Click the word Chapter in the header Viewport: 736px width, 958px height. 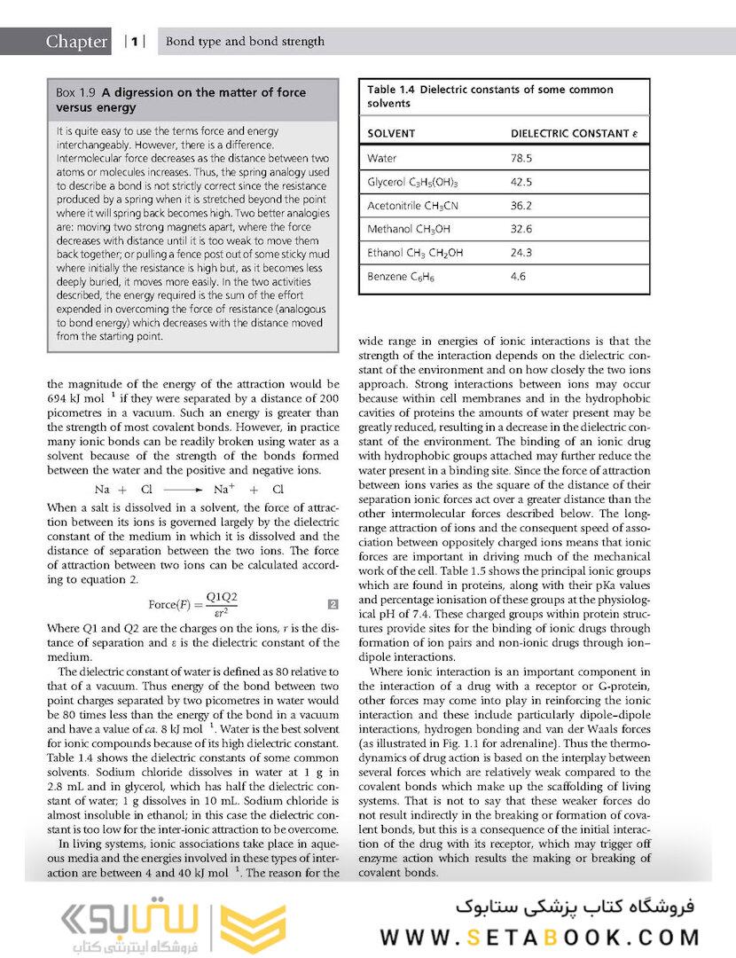[x=77, y=42]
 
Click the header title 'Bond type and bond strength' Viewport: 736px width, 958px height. [x=246, y=42]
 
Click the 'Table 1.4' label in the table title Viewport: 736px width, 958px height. [x=391, y=90]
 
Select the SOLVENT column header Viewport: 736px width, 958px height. [x=391, y=134]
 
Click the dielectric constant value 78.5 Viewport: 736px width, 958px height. [x=521, y=159]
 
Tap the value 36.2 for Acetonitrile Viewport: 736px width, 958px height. [x=521, y=206]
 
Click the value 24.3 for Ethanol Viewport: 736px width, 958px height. [x=521, y=253]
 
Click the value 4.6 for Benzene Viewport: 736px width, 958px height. [x=518, y=277]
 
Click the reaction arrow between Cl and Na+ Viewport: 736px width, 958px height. [x=184, y=490]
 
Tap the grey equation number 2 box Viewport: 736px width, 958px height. [x=333, y=605]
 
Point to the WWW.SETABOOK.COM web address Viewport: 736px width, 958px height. [x=539, y=938]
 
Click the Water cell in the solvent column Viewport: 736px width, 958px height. [x=382, y=159]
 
